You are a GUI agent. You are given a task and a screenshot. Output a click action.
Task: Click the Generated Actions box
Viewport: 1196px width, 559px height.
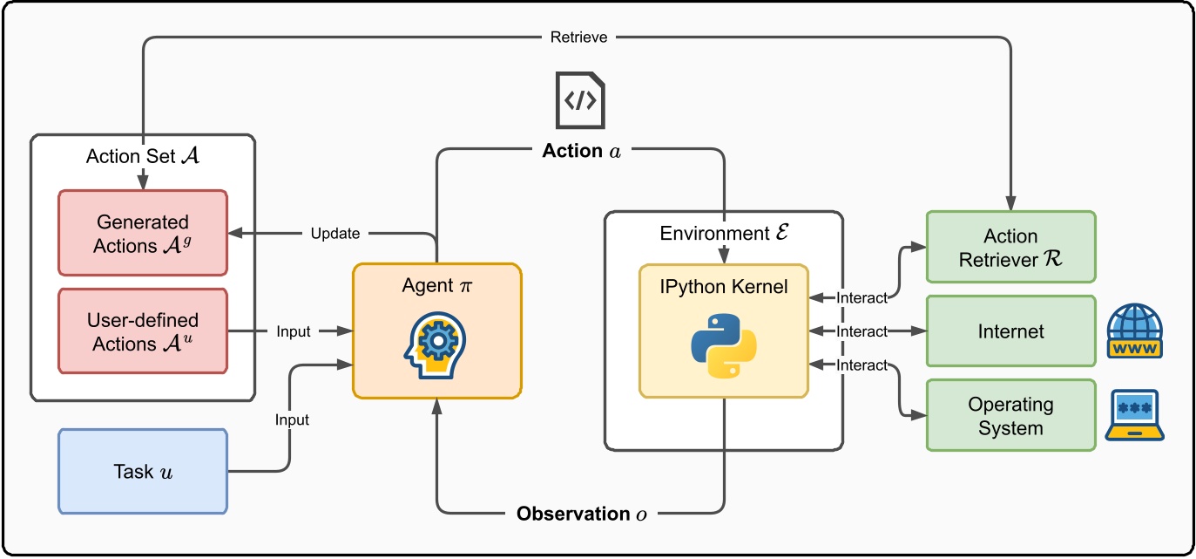click(x=143, y=234)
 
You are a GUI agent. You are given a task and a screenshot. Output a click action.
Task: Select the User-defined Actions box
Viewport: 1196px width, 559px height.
click(x=143, y=332)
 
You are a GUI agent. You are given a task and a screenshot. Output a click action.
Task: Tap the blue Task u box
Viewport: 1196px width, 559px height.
click(x=143, y=472)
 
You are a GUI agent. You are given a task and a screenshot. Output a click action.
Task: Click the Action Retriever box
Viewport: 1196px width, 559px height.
click(x=1010, y=247)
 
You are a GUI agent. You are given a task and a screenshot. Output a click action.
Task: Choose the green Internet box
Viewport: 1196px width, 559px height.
click(x=1010, y=331)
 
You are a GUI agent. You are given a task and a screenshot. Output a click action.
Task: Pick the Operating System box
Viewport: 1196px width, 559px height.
click(x=1010, y=416)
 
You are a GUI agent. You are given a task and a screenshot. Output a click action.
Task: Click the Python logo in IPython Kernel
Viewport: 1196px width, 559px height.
click(x=723, y=347)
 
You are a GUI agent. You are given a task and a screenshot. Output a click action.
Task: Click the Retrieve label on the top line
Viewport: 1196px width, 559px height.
click(x=579, y=37)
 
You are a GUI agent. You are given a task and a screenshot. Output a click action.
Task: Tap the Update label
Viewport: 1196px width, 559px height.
click(x=335, y=234)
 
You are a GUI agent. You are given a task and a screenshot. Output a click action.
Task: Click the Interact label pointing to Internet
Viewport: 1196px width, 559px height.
click(x=862, y=331)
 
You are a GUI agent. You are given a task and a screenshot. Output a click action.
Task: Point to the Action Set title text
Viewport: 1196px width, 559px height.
click(x=143, y=156)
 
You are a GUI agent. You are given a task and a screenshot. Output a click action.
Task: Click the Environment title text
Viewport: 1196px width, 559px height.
click(x=723, y=233)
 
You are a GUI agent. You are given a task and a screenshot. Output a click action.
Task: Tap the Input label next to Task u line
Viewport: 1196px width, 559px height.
click(x=293, y=419)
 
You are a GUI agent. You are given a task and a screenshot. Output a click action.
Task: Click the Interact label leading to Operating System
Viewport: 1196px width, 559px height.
click(x=862, y=365)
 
